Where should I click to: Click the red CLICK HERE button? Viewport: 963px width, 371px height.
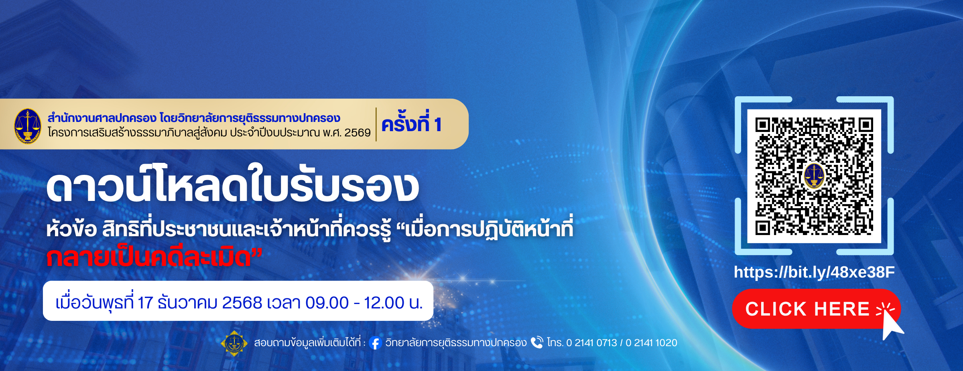(x=816, y=309)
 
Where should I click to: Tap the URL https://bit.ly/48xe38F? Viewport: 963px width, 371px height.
(x=814, y=272)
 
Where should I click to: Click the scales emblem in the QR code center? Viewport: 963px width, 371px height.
(x=814, y=176)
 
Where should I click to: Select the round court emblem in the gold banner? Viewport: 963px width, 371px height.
(x=27, y=126)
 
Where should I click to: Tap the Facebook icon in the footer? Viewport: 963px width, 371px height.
(x=375, y=343)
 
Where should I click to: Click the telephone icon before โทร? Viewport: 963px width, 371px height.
(x=537, y=343)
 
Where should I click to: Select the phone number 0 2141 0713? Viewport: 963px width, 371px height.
(x=592, y=343)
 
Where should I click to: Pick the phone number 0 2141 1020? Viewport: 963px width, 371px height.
(x=652, y=343)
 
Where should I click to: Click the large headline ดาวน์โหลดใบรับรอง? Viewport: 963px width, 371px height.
(x=233, y=184)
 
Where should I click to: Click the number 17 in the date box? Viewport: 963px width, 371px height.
(x=145, y=303)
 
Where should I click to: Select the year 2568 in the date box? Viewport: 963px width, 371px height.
(x=242, y=303)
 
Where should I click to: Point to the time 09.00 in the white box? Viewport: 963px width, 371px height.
(x=327, y=303)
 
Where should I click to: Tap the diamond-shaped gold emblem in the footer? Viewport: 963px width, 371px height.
(x=234, y=343)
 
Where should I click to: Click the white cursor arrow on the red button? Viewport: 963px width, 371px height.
(x=892, y=324)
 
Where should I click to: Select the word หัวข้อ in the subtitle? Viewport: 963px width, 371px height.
(x=71, y=229)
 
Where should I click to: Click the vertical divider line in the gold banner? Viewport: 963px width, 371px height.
(x=376, y=124)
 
